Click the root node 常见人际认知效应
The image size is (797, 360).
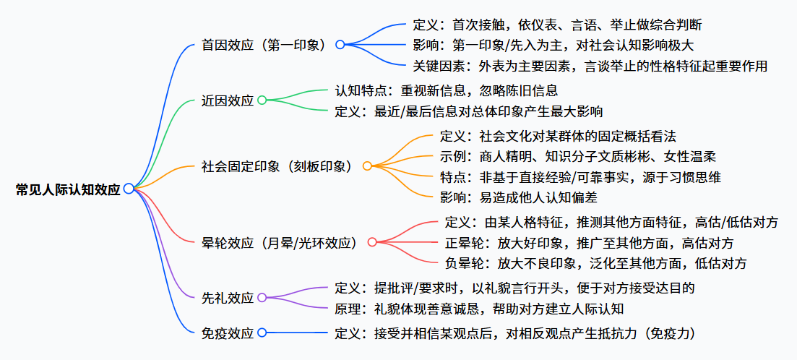point(69,189)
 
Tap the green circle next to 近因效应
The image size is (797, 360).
point(262,100)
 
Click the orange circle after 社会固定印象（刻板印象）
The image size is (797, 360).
point(367,166)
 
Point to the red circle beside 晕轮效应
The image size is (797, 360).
point(372,242)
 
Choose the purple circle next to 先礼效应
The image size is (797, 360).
point(262,297)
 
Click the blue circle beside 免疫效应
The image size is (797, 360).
point(262,333)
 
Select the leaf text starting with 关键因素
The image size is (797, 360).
point(590,66)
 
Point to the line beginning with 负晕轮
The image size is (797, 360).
point(596,263)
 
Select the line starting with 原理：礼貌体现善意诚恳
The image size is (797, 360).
point(479,309)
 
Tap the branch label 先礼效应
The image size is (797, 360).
point(228,298)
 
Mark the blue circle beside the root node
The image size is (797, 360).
point(129,189)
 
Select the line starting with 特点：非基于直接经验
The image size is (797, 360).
point(580,176)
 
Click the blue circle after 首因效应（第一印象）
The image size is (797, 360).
point(340,44)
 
